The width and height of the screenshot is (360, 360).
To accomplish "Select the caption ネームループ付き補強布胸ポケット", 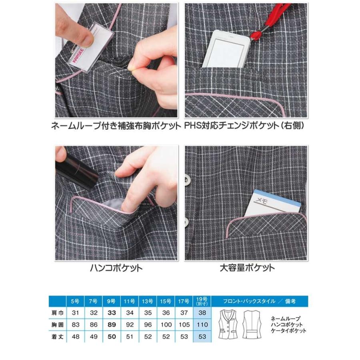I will (116, 126).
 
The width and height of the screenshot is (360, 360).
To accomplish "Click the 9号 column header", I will (112, 301).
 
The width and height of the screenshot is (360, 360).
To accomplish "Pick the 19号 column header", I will (202, 301).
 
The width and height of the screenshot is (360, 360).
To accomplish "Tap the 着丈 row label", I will (59, 337).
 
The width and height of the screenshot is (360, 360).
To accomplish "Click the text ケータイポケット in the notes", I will (288, 331).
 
